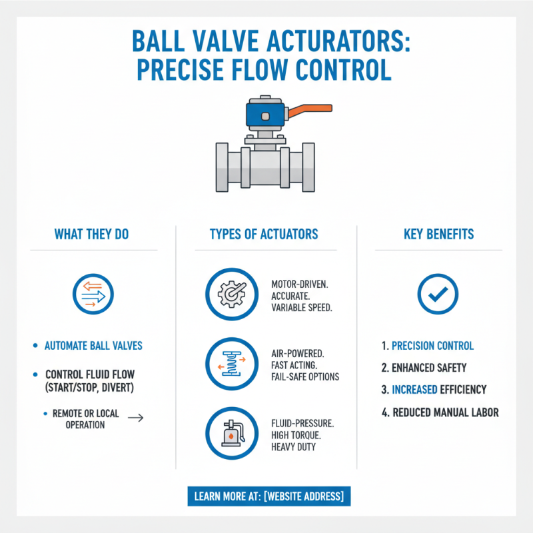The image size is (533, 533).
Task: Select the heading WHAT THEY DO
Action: click(92, 235)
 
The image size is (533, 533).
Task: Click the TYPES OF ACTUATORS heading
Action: click(264, 235)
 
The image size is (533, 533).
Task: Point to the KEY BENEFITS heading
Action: click(438, 235)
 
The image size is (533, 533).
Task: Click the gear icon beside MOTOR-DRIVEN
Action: click(231, 294)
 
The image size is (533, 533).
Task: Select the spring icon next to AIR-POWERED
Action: click(231, 364)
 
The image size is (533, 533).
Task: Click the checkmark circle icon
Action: click(438, 294)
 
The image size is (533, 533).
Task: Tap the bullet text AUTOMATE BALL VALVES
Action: click(93, 346)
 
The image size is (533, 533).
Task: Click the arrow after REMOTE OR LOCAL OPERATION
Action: click(135, 418)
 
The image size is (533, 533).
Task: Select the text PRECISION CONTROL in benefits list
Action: click(432, 346)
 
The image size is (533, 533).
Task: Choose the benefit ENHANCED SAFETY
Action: click(428, 367)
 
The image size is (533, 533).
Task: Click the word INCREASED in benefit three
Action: click(415, 389)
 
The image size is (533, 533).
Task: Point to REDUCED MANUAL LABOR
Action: click(445, 412)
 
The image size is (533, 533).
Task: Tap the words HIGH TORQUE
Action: click(297, 434)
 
